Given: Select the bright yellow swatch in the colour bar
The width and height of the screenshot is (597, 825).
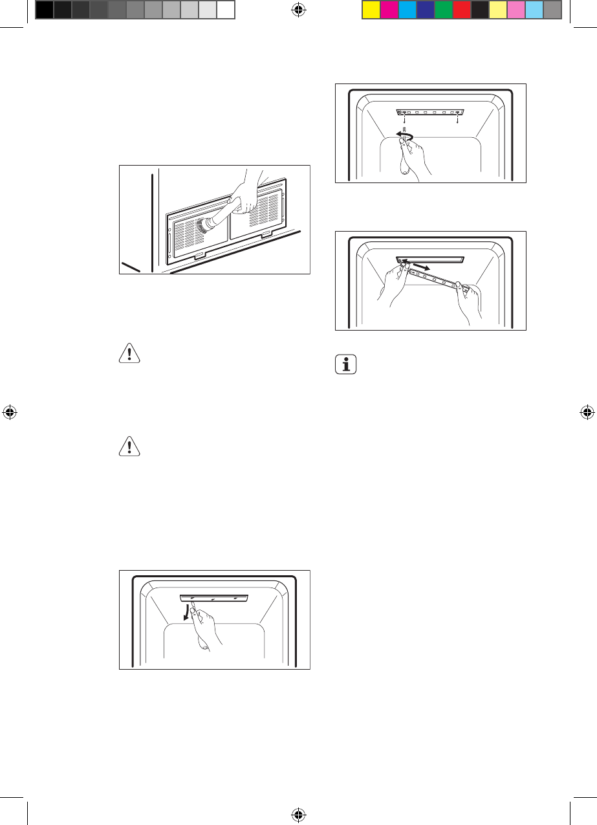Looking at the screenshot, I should [x=371, y=9].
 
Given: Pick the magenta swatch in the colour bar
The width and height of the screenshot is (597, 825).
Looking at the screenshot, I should [x=389, y=9].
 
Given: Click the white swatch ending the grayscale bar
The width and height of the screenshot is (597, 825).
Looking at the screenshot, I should [x=225, y=9].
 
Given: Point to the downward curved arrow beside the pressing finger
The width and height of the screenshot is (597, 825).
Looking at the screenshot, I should [x=188, y=611].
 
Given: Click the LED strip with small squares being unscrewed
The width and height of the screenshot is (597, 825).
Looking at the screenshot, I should [x=429, y=113].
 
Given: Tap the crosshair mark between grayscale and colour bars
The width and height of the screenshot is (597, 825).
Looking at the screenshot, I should [x=298, y=9].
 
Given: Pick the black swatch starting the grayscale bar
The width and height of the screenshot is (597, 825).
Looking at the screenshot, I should [x=44, y=9].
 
